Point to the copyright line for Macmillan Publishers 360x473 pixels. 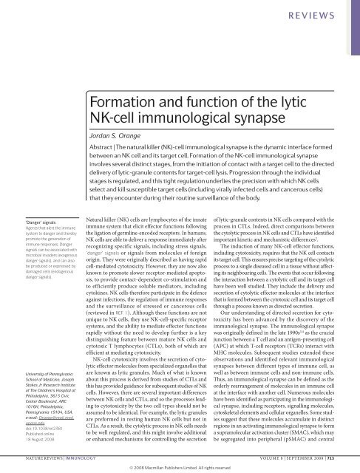181,467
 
